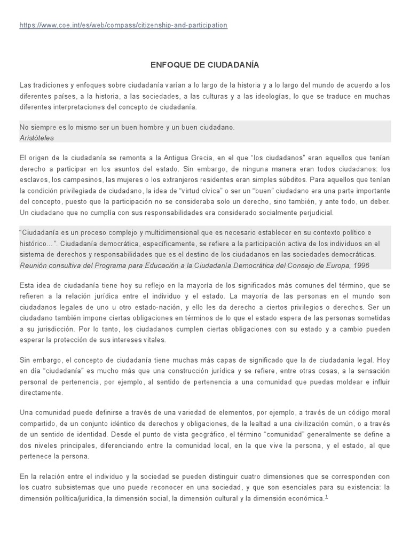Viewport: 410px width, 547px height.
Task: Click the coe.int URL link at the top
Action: (123, 25)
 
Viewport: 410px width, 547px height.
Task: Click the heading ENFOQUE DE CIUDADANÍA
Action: (205, 65)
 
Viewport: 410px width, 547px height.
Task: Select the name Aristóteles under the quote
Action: (36, 137)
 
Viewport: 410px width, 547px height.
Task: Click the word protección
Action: (83, 339)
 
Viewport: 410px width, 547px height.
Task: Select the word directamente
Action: (41, 392)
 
